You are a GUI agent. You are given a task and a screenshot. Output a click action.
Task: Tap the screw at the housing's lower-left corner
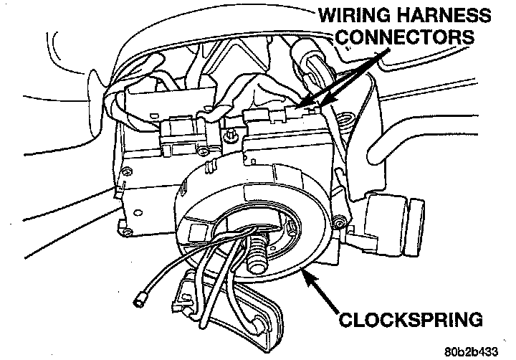click(x=127, y=233)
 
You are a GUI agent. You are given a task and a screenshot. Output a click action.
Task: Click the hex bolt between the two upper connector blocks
click(x=230, y=136)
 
